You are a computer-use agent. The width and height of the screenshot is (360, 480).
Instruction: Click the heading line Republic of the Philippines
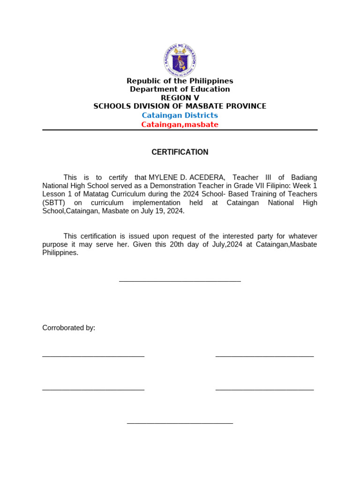click(x=180, y=81)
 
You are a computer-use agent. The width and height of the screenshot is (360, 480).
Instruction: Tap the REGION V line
click(x=180, y=98)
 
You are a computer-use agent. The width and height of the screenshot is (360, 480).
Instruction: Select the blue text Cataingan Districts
click(x=180, y=115)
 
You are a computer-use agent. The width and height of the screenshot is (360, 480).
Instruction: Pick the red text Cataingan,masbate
click(x=180, y=125)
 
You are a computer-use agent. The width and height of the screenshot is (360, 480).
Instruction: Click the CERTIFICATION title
click(x=180, y=152)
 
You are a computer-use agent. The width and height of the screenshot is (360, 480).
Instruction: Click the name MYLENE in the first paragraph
click(x=163, y=178)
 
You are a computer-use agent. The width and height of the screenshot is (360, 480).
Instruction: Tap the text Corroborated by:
click(x=69, y=328)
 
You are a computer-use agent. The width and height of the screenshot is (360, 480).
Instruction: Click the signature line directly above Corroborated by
click(x=180, y=281)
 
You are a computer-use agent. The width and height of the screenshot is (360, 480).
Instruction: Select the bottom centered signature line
click(x=180, y=423)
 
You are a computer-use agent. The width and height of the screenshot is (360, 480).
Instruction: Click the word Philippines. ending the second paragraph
click(x=60, y=253)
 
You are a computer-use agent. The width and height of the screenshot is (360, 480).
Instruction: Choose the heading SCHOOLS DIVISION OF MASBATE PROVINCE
click(x=180, y=106)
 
